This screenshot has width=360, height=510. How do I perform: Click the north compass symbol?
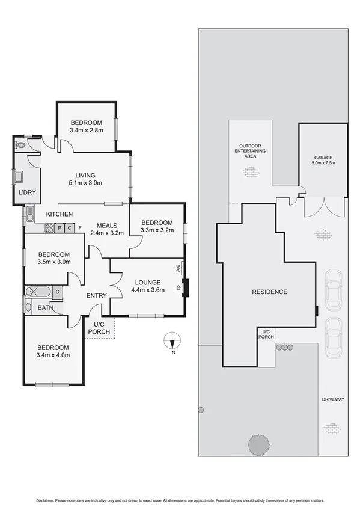click(172, 342)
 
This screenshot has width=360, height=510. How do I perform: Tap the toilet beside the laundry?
click(20, 145)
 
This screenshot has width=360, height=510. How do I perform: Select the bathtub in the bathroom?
click(38, 292)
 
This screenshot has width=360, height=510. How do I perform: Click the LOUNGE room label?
click(147, 281)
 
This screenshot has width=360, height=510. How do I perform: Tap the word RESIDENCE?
click(269, 292)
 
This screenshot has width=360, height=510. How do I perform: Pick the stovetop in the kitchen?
click(47, 227)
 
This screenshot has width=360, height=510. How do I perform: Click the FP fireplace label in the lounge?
click(179, 288)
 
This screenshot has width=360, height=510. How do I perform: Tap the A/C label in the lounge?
click(178, 268)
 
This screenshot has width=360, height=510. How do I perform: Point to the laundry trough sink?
click(19, 177)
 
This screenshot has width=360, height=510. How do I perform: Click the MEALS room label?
click(107, 226)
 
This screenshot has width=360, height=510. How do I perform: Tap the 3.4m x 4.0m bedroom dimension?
click(53, 355)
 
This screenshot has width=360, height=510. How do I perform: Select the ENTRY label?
click(97, 295)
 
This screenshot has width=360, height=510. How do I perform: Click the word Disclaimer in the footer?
click(45, 500)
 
